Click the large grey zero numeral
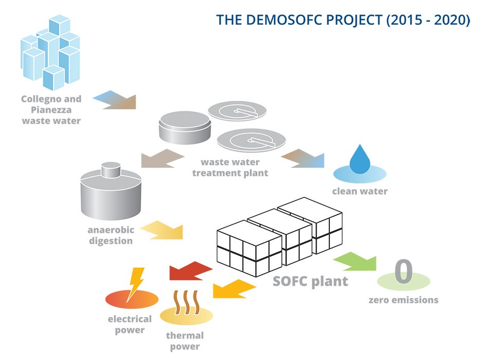click(404, 272)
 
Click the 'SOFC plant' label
click(310, 282)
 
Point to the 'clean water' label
click(359, 192)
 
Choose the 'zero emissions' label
click(403, 300)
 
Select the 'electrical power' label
click(129, 324)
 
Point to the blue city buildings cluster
click(51, 52)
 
